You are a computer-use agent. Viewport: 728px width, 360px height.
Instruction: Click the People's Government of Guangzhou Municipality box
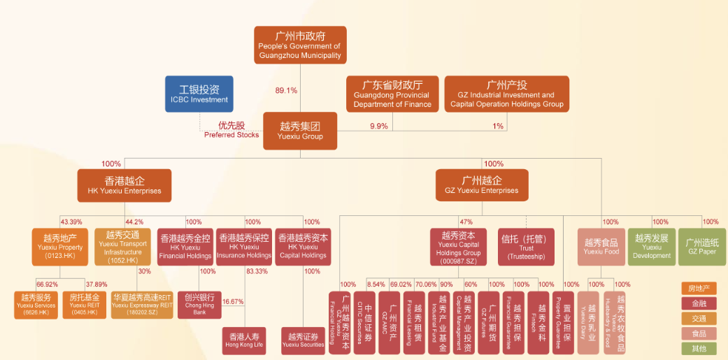point(300,45)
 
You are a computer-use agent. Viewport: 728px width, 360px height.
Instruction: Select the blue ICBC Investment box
point(199,94)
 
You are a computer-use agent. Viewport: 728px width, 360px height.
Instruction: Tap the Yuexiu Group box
point(300,131)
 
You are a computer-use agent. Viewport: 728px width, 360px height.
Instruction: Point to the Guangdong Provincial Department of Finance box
point(392,94)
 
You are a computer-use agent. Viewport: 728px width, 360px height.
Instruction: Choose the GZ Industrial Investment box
point(506,94)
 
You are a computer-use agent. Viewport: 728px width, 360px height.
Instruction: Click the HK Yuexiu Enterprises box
point(124,185)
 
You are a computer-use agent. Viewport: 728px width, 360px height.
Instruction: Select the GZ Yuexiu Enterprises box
point(482,185)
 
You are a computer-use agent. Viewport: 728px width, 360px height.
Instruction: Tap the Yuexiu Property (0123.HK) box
point(60,247)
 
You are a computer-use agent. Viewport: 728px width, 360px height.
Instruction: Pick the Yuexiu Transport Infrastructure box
point(122,247)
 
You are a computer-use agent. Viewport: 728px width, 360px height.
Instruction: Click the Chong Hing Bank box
point(199,305)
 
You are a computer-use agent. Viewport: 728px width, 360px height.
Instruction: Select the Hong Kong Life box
point(244,340)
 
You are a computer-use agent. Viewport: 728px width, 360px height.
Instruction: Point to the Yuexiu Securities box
point(303,340)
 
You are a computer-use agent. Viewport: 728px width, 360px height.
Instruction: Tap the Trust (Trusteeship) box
point(526,247)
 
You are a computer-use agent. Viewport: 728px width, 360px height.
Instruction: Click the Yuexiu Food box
point(601,247)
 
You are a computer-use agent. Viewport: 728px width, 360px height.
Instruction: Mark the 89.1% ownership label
point(286,90)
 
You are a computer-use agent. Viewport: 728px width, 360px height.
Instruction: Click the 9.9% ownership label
point(378,126)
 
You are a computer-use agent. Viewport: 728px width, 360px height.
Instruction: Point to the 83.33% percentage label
point(258,271)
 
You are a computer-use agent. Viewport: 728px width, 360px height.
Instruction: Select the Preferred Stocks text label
point(231,130)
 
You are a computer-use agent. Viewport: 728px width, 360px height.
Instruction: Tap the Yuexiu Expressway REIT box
point(142,305)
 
